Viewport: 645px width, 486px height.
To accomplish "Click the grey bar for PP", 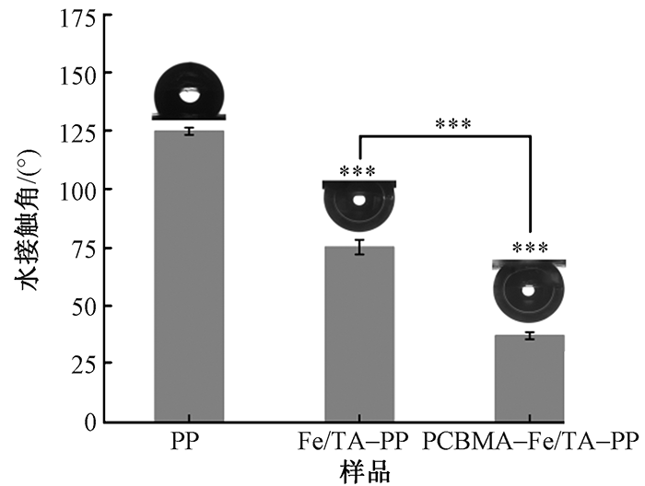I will (189, 276).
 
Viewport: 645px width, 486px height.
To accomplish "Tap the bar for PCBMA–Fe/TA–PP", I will (530, 378).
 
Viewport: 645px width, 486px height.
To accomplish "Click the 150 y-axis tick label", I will (76, 73).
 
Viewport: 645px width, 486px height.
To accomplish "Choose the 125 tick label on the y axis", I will (76, 131).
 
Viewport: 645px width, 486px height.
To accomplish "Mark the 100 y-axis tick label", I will (76, 189).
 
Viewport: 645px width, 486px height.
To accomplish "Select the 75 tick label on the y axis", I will (81, 248).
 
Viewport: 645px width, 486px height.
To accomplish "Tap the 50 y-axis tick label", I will (81, 306).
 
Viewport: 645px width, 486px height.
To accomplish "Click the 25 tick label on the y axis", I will (81, 364).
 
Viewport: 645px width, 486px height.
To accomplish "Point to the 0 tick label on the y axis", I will (88, 422).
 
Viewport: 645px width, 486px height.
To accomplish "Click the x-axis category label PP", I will (189, 441).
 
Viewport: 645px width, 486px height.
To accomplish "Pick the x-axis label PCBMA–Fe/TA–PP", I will (531, 441).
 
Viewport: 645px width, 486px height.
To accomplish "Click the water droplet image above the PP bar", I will (189, 93).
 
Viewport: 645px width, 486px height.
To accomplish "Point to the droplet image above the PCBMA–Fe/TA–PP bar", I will (529, 290).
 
